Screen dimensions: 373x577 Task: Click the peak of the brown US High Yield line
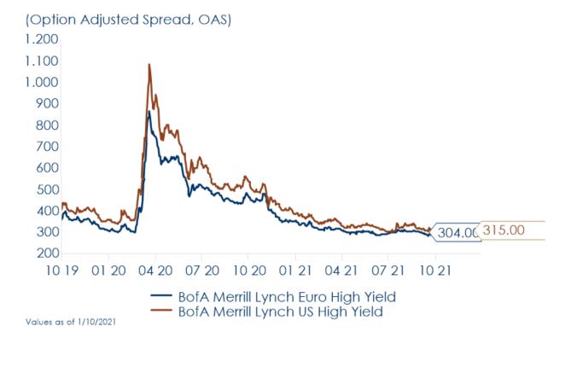[x=149, y=64]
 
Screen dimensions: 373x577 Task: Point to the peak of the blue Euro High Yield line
[x=149, y=111]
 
